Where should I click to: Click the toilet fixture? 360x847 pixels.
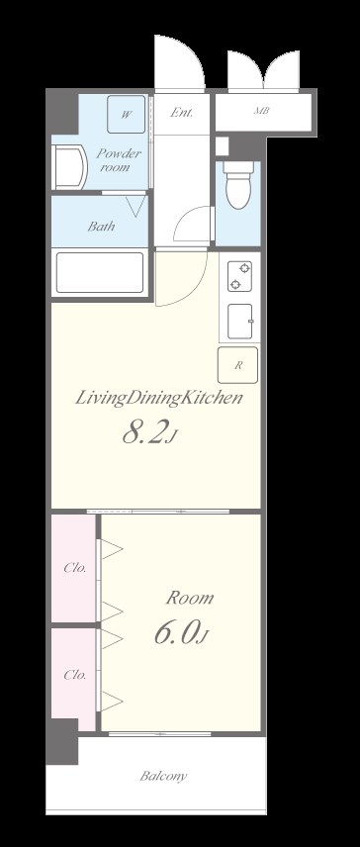(x=238, y=185)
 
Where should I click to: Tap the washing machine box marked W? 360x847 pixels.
(x=127, y=114)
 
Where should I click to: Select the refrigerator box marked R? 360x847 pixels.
(x=238, y=365)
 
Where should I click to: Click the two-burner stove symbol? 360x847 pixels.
(x=239, y=276)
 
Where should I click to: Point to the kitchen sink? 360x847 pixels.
(x=240, y=322)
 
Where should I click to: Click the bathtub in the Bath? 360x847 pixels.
(x=100, y=272)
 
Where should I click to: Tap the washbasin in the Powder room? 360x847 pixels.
(x=69, y=167)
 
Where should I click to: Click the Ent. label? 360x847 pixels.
(x=181, y=113)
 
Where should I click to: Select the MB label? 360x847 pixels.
(x=262, y=111)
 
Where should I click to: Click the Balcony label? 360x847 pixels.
(x=163, y=776)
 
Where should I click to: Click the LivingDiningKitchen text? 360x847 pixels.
(x=157, y=400)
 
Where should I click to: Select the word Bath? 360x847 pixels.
(x=102, y=226)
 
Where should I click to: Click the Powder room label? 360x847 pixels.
(x=119, y=160)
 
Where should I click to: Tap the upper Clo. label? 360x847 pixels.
(x=74, y=568)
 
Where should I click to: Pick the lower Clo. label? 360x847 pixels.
(x=74, y=675)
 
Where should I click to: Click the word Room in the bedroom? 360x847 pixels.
(x=189, y=598)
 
